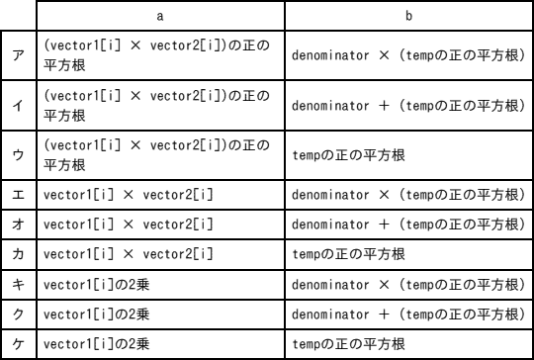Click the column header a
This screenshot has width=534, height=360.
(x=159, y=17)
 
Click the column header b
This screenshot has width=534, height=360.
(x=406, y=17)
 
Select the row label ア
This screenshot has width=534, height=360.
(x=19, y=55)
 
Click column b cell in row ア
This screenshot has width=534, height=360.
(x=406, y=55)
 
